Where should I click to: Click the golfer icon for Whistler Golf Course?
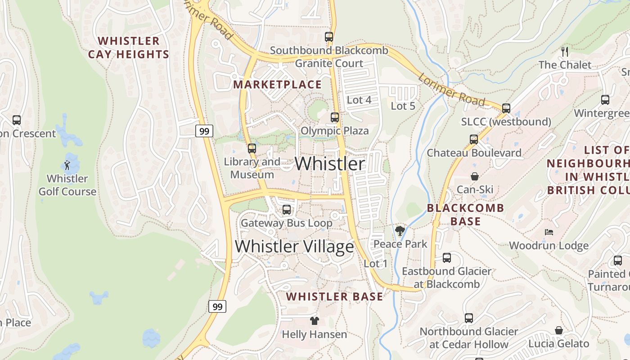coord(67,165)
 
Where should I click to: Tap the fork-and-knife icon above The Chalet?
coord(565,51)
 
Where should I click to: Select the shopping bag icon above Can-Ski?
coord(474,176)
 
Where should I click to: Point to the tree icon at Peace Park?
coord(400,231)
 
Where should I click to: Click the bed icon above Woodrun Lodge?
coord(549,232)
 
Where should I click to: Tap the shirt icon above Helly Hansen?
coord(314,321)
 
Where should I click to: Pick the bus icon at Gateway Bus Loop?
coord(287,210)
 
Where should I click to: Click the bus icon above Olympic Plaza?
coord(334,117)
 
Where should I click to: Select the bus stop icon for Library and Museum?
coord(252,148)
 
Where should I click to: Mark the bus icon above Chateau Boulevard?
coord(474,139)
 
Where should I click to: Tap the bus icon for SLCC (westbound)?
coord(506,108)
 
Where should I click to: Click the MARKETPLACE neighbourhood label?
coord(277,85)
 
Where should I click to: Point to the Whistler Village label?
coord(294,247)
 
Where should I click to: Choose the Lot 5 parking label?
coord(403,106)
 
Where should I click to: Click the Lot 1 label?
coord(375,263)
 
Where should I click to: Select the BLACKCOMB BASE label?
coord(465,215)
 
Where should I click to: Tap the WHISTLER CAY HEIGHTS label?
coord(128,48)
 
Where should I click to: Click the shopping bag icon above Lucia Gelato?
coord(558,330)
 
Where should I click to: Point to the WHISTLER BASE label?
coord(334,297)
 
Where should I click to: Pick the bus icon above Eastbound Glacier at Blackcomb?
coord(446,258)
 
